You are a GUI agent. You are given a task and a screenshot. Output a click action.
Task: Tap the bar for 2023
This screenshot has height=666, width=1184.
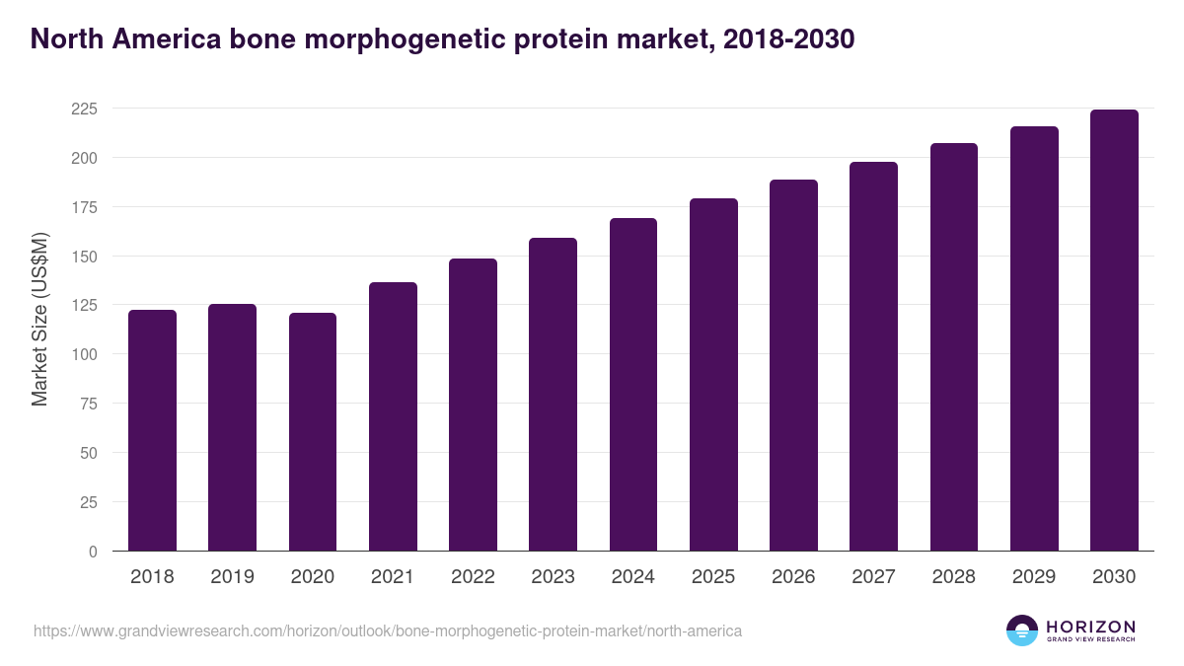point(553,395)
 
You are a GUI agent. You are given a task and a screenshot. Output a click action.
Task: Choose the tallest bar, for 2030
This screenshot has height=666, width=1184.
point(1114,331)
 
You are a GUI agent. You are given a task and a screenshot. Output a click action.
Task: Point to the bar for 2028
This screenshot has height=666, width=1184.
point(953,347)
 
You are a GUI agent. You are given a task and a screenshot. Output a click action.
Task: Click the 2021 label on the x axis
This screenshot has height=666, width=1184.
point(393,577)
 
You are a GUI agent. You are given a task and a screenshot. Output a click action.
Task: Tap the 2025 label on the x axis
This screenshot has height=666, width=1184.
point(713,577)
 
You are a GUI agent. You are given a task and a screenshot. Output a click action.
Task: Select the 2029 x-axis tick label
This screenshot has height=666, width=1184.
point(1034,577)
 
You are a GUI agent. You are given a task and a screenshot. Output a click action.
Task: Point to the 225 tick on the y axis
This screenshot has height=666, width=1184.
point(84,109)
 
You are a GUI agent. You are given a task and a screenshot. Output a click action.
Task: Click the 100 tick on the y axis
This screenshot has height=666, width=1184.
point(84,354)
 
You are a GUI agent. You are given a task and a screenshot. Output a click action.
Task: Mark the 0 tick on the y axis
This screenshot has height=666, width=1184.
point(93,552)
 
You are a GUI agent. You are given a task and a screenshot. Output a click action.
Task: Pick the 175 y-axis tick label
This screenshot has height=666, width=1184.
point(84,207)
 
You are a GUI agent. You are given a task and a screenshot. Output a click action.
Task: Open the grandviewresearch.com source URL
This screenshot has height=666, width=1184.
point(388,630)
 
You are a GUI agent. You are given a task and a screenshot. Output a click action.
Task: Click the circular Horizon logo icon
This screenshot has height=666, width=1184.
point(1021,630)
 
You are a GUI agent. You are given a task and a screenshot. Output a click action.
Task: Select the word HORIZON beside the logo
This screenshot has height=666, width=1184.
point(1090,627)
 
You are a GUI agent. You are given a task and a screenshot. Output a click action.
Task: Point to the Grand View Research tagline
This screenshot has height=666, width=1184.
point(1090,640)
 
